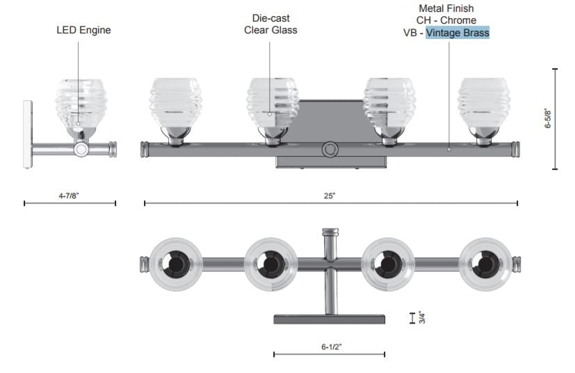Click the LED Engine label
[x=83, y=30]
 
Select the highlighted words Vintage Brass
[x=457, y=33]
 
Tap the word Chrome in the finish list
[x=458, y=20]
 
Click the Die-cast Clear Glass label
[x=270, y=24]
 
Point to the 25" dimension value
[x=329, y=196]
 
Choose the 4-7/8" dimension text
[x=69, y=196]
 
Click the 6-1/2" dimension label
[x=331, y=346]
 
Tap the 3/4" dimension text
[x=422, y=317]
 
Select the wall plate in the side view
[x=28, y=134]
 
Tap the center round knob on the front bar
[x=330, y=149]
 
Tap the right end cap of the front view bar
[x=517, y=148]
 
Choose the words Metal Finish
[x=446, y=8]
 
